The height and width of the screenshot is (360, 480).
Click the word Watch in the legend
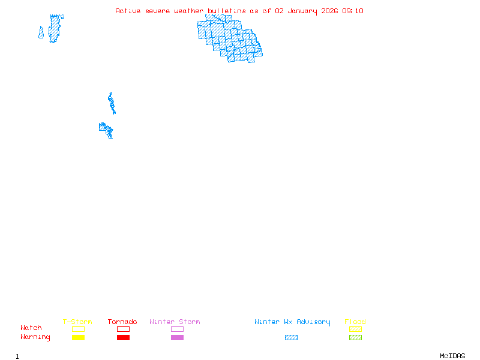pos(31,328)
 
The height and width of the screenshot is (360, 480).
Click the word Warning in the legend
pos(35,337)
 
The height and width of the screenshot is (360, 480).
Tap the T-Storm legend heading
pos(77,322)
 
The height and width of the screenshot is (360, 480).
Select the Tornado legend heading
pos(122,322)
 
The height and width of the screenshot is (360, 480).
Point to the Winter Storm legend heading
pos(175,322)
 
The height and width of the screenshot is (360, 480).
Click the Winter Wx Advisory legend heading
pos(292,322)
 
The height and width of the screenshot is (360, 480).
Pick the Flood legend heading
pos(355,322)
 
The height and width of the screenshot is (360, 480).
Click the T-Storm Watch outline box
pos(78,329)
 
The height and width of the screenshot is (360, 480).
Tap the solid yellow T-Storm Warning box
pos(78,337)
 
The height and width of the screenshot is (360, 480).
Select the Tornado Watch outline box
pos(123,329)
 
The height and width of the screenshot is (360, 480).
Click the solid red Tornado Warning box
pos(123,337)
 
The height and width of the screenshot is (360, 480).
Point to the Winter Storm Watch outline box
pos(177,329)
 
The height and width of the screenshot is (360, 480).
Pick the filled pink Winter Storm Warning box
pos(177,337)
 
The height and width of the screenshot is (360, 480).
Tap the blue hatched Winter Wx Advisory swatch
pos(291,337)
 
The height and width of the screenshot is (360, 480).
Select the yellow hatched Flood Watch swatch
pos(355,329)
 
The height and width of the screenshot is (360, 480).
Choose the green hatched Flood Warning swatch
pos(355,337)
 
